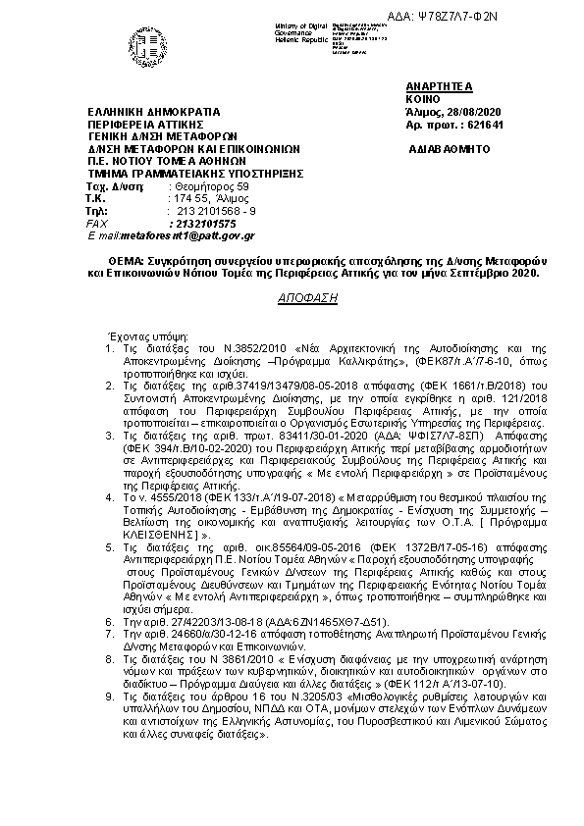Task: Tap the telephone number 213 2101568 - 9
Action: point(216,211)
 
